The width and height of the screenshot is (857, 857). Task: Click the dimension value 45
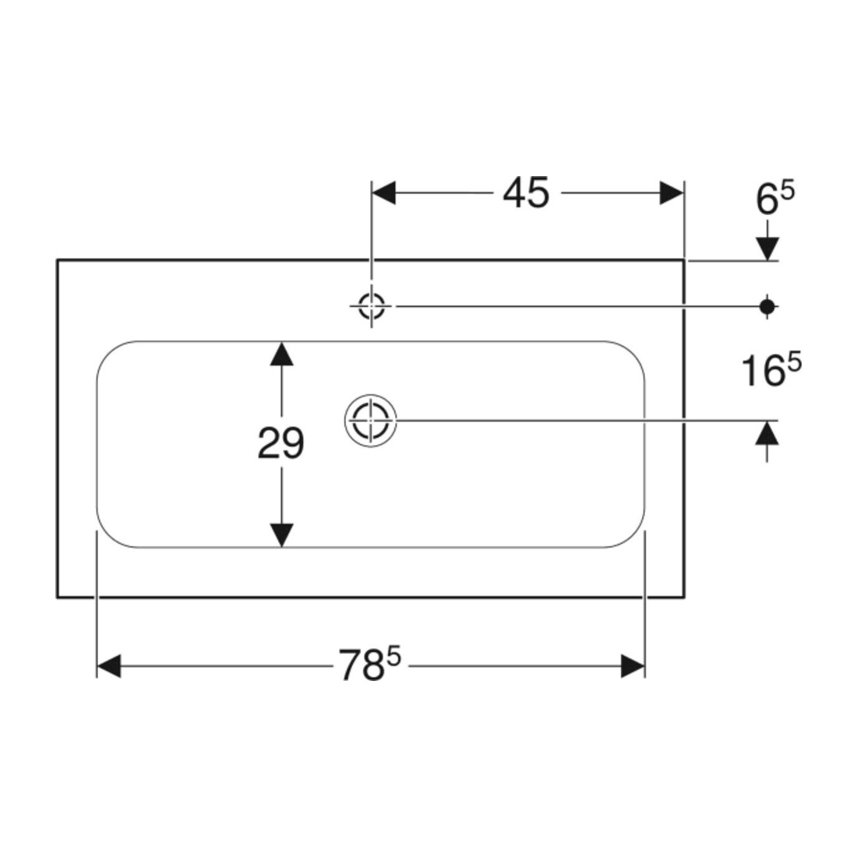click(x=526, y=193)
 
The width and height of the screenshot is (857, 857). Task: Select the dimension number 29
click(x=280, y=443)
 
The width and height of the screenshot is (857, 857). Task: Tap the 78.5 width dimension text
click(x=370, y=664)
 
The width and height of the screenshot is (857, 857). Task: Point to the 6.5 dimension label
click(x=775, y=198)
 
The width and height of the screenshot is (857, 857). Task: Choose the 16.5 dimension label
click(x=771, y=369)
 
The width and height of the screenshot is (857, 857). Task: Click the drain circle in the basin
click(x=371, y=420)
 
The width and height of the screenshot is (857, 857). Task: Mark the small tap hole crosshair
click(x=371, y=306)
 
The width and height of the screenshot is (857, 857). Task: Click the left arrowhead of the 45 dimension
click(x=383, y=193)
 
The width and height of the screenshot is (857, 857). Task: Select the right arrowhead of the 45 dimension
click(x=672, y=193)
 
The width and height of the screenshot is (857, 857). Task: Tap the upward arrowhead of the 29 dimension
click(x=281, y=354)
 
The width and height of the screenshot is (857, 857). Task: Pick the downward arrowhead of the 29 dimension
click(x=281, y=535)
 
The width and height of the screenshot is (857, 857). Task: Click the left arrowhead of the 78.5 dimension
click(x=109, y=665)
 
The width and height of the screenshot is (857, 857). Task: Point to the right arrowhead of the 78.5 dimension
click(x=633, y=665)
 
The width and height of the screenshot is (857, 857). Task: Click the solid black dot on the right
click(x=767, y=307)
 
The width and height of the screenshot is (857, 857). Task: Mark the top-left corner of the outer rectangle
click(x=58, y=259)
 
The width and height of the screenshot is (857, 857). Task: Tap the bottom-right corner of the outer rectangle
click(x=684, y=598)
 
